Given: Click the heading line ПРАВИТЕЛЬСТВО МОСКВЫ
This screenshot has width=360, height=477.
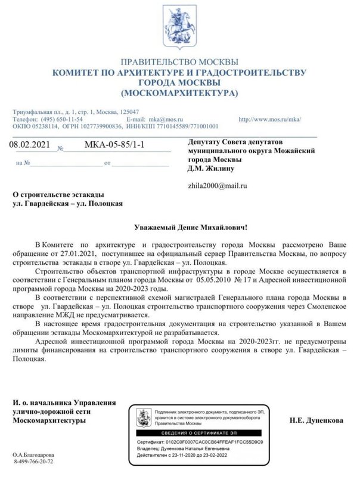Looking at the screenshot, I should coord(179,63).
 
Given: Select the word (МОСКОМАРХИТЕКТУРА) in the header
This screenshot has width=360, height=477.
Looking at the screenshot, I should coord(179,94).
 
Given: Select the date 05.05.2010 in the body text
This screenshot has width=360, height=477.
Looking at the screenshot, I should coord(221,280).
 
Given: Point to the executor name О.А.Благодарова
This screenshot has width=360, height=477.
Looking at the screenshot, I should coord(37,454).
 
